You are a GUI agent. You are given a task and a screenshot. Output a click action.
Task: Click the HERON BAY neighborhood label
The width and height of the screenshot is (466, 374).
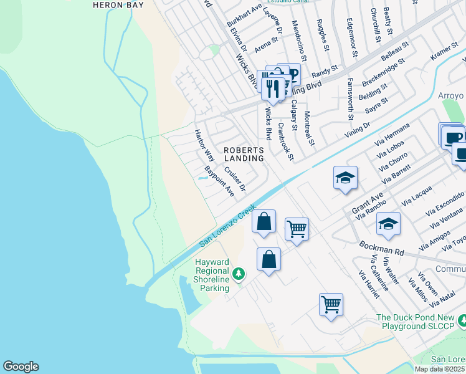click(x=118, y=5)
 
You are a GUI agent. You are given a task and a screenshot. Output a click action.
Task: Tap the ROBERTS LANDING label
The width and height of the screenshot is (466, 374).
click(x=244, y=155)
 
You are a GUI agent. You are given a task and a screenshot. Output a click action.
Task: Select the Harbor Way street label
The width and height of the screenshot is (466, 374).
click(x=204, y=145)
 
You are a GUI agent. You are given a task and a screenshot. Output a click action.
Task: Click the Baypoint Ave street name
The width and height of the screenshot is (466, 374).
click(x=219, y=181)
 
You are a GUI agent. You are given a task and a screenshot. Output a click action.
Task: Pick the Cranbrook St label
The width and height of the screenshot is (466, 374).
click(x=285, y=141)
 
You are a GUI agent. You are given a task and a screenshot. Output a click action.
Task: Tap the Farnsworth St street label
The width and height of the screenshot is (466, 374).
click(x=350, y=99)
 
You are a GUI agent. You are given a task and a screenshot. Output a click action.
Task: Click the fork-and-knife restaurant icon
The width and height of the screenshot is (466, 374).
click(x=272, y=87)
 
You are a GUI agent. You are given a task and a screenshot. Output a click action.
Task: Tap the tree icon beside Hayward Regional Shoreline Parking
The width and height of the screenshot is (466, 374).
click(x=238, y=274)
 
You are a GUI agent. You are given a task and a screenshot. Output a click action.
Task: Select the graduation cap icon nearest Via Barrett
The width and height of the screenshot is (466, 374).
click(x=345, y=178)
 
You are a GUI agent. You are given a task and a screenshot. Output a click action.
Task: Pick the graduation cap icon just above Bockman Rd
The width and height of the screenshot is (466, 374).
click(x=388, y=224)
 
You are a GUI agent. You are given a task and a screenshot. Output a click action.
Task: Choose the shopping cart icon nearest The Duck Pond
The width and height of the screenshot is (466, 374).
click(x=331, y=305)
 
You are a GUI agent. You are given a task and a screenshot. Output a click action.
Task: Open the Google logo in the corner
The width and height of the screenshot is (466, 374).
click(x=21, y=367)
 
